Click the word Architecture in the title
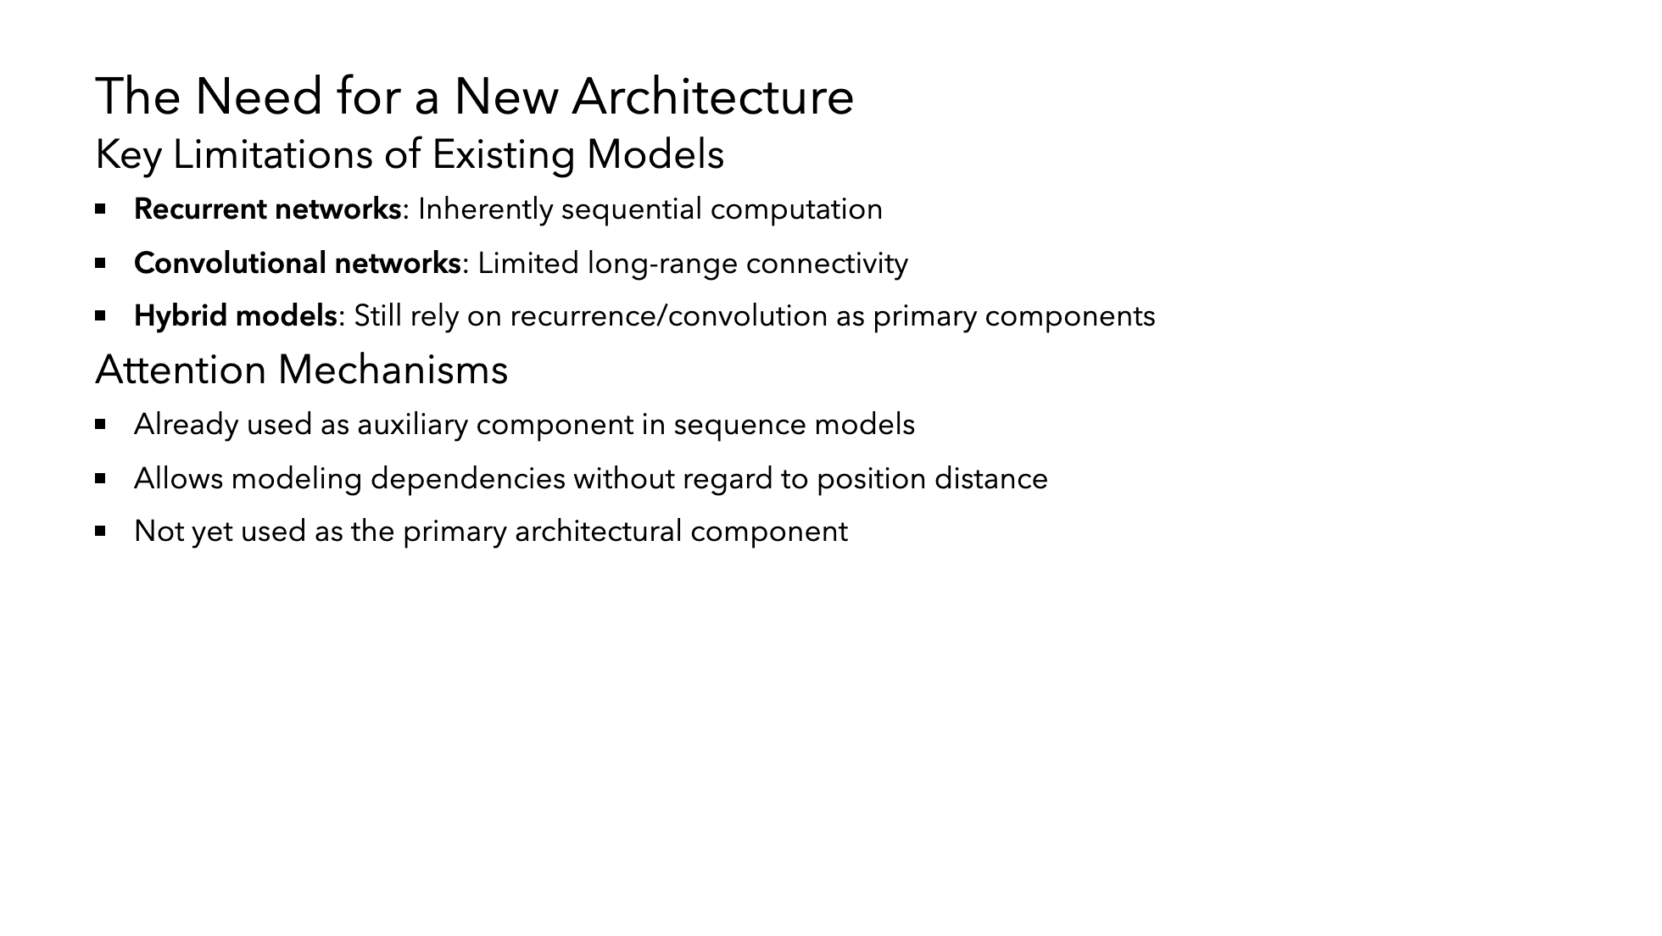pos(713,96)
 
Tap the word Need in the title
pos(259,96)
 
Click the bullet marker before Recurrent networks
pos(101,208)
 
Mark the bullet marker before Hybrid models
pos(101,316)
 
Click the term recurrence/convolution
pos(669,316)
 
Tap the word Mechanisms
pos(393,370)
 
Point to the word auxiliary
pos(413,425)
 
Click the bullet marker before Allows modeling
pos(101,478)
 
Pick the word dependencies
pos(468,479)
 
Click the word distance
pos(991,479)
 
